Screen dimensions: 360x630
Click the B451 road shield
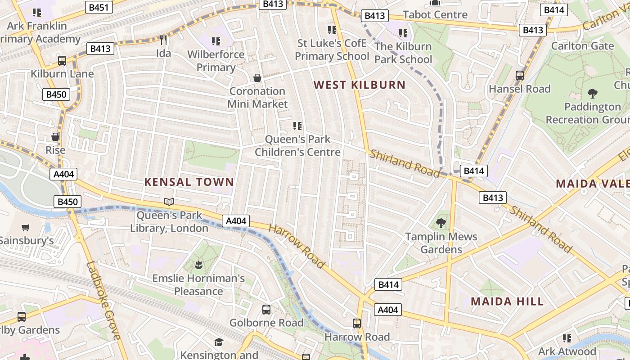99,8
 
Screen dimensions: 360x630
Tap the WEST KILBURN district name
360,85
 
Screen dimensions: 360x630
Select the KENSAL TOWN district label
189,182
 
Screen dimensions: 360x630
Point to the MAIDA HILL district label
507,301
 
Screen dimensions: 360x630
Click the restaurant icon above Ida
163,40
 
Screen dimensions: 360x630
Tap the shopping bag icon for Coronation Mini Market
257,78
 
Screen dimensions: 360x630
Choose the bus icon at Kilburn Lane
62,61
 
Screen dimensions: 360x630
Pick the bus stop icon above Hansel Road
520,76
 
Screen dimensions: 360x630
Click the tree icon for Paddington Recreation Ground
593,94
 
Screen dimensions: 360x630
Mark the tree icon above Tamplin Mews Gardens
441,223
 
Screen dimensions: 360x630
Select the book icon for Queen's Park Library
169,202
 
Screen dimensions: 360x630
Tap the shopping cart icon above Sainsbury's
26,228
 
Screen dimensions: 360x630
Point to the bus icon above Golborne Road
266,310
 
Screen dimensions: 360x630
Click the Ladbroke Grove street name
103,301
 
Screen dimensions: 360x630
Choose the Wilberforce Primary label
216,61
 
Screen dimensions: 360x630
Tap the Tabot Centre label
435,14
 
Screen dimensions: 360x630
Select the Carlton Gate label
582,46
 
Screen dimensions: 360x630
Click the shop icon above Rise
55,137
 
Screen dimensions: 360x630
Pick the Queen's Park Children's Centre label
297,145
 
